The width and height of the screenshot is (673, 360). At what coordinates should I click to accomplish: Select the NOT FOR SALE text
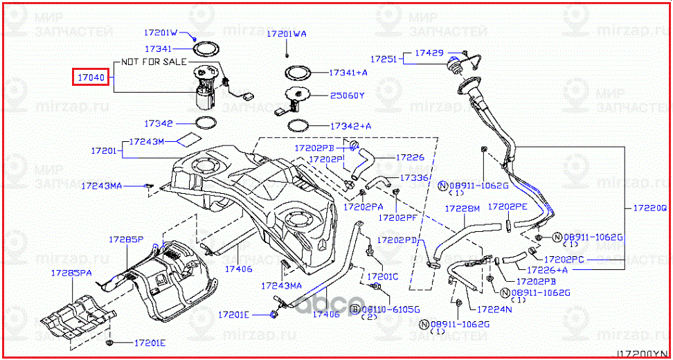point(153,62)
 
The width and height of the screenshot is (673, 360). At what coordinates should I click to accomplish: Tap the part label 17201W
point(161,33)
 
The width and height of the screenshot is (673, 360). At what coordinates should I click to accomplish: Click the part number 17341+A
point(348,72)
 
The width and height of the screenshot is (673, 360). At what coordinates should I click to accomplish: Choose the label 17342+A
point(350,126)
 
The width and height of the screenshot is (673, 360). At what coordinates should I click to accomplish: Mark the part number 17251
point(384,60)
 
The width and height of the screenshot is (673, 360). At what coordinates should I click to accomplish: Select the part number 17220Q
point(651,207)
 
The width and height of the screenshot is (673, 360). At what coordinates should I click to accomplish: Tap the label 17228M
point(462,208)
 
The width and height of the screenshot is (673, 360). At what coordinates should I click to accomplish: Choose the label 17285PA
point(71,273)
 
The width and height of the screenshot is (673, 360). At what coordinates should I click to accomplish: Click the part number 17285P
point(125,239)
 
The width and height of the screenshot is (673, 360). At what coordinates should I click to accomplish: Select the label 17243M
point(147,141)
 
